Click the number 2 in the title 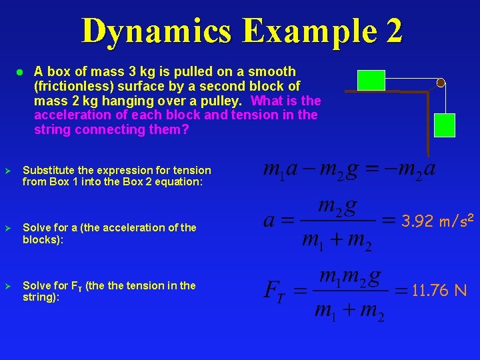393,31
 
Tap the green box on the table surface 371,80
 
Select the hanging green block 444,125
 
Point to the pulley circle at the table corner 441,83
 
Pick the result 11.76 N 439,290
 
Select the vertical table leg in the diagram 427,123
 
